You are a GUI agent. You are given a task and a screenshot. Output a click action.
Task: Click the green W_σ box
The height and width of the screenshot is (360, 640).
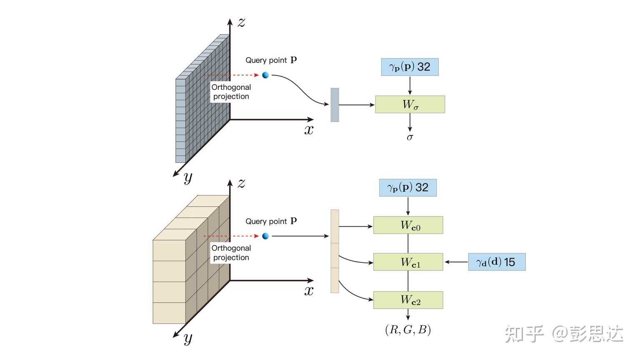pos(410,105)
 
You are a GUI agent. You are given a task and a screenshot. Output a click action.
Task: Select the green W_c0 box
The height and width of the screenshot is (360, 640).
pos(408,225)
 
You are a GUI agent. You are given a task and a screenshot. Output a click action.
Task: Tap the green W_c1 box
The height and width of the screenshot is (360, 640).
pos(408,262)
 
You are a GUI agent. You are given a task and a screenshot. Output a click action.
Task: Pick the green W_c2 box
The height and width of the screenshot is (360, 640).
pos(408,300)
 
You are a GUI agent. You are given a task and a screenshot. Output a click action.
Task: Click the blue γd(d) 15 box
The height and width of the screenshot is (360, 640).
pos(497,262)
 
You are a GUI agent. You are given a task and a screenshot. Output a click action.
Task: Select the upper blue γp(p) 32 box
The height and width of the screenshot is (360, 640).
pos(410,67)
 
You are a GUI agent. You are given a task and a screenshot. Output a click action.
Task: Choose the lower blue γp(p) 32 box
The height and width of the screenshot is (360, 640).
pos(407,187)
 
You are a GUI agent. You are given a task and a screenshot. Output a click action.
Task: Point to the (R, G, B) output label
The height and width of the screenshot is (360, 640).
pos(407,330)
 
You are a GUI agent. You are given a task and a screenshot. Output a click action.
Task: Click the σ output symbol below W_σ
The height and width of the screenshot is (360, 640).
pos(410,137)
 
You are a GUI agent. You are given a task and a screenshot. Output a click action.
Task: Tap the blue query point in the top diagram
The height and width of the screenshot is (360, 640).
pos(265,75)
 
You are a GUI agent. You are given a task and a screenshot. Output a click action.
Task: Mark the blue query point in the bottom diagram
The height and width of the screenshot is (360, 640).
pos(265,236)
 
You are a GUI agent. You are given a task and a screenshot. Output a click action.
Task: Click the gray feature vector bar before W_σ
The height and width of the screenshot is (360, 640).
pos(335,105)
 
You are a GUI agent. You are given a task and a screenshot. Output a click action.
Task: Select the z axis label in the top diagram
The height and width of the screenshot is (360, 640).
pos(241,22)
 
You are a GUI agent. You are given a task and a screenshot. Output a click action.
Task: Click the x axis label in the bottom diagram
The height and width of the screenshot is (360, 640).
pos(309,291)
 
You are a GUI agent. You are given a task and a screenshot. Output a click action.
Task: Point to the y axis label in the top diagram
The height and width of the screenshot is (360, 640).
pos(188,177)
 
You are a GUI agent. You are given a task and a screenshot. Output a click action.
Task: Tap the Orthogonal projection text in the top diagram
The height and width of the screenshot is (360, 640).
pos(231,92)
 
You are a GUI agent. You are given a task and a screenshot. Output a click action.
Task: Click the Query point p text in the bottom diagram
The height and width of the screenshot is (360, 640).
pos(271,221)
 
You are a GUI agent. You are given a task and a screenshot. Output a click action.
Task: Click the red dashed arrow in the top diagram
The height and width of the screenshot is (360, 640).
pos(231,75)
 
